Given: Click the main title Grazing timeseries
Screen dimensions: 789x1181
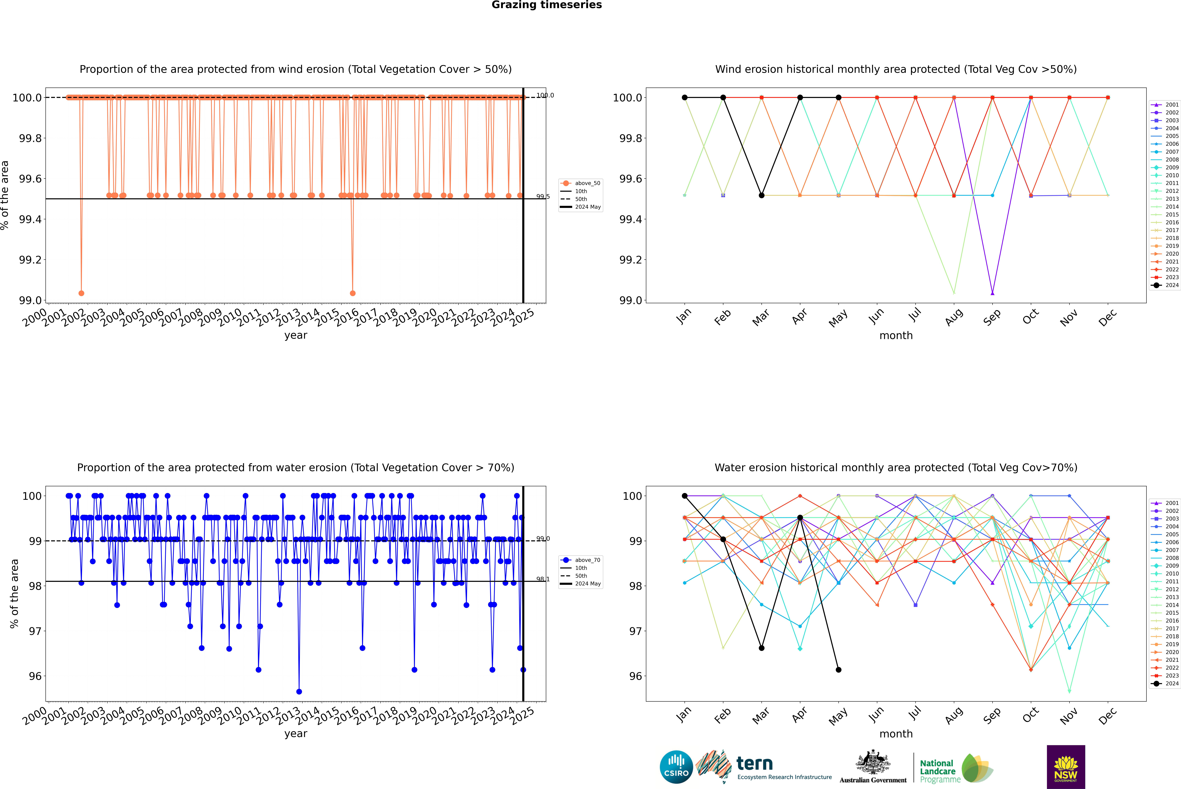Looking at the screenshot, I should click(547, 5).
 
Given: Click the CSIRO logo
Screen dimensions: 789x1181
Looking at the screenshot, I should click(676, 767).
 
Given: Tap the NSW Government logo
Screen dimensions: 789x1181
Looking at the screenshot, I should click(1066, 767).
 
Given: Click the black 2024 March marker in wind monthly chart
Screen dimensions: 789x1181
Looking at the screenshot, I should click(762, 195).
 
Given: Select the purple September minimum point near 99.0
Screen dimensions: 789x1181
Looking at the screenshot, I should click(992, 293).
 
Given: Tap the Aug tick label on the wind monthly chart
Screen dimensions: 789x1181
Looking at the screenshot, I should click(954, 317).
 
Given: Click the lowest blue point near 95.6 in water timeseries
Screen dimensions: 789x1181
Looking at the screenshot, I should click(299, 691).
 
